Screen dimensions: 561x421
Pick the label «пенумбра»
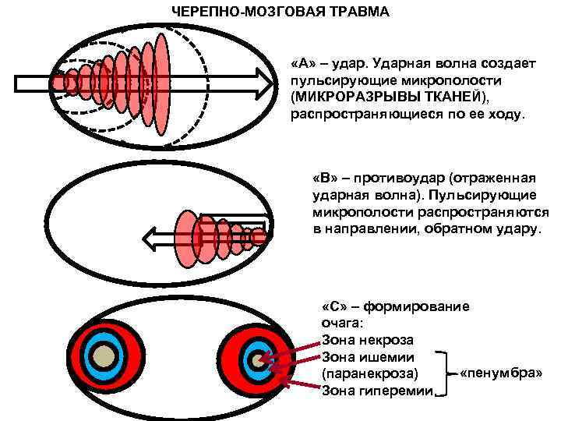click(501, 373)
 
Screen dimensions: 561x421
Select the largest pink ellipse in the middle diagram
click(186, 234)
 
